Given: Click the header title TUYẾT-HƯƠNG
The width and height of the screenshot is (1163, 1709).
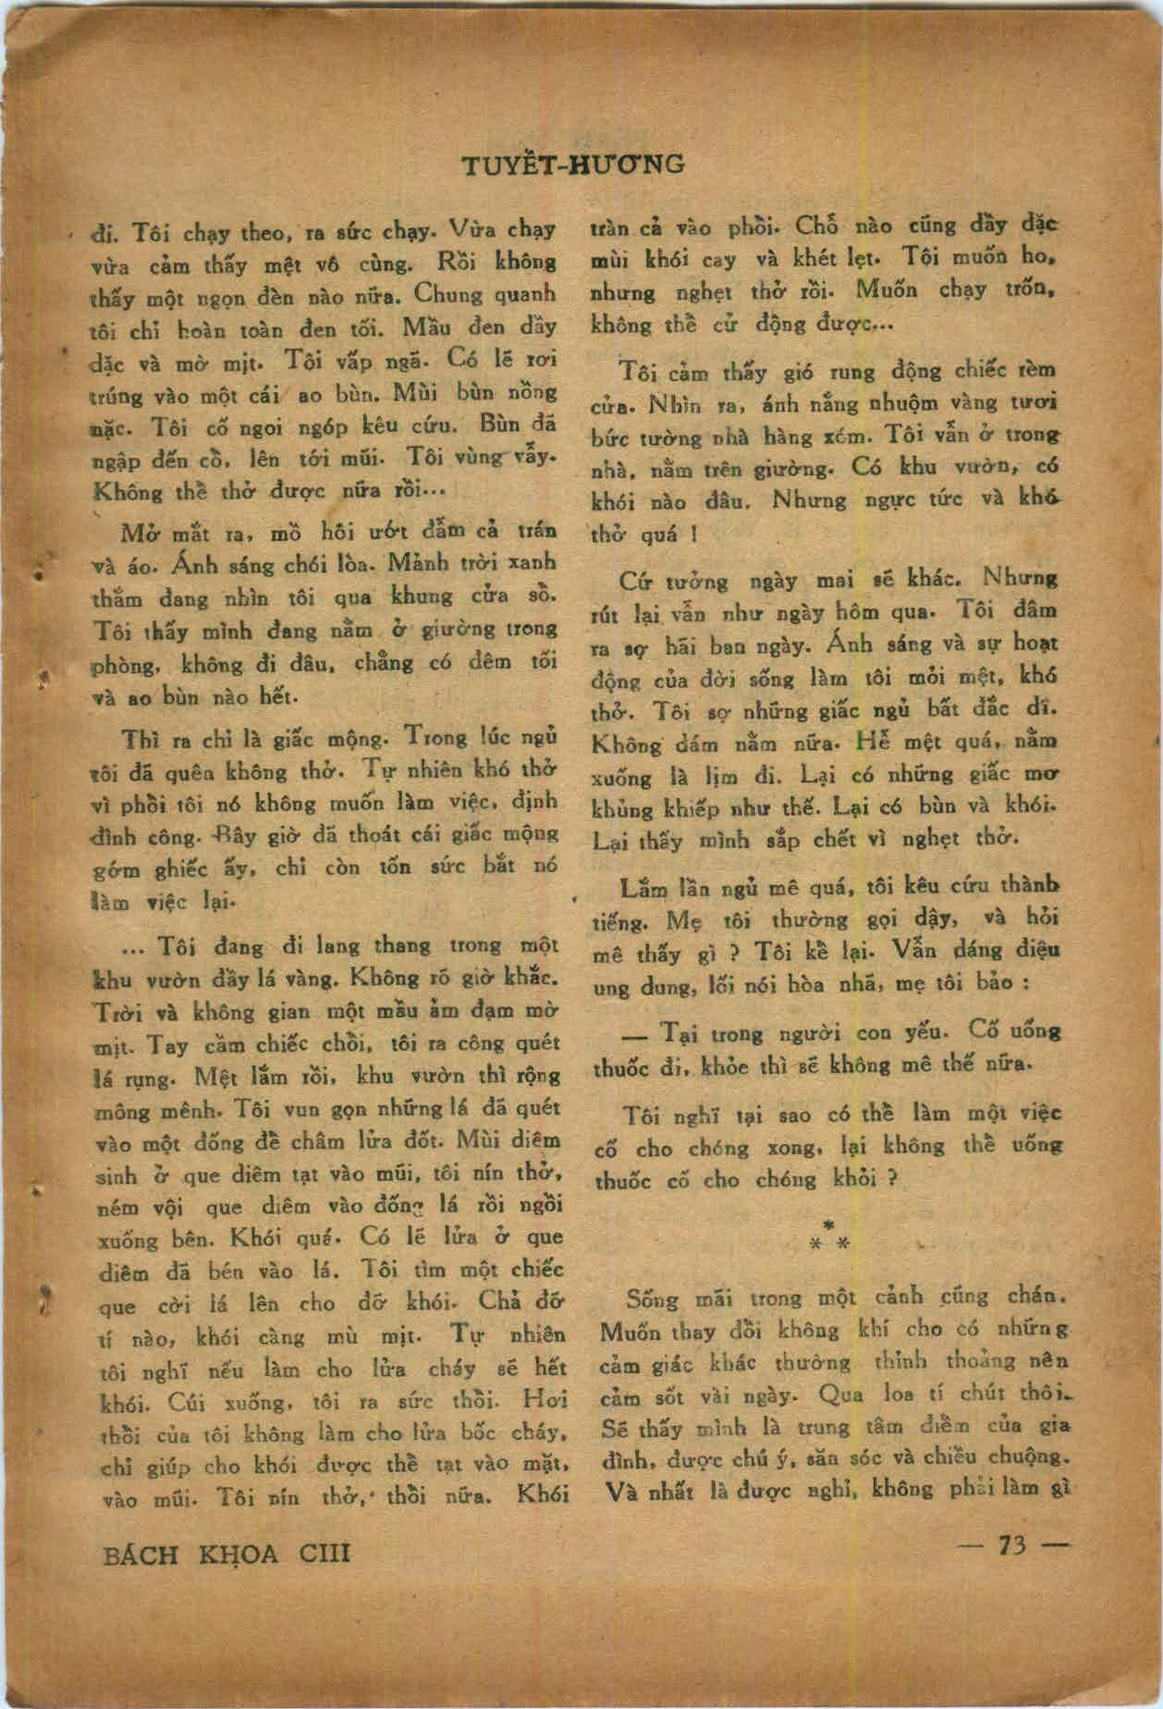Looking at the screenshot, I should tap(573, 165).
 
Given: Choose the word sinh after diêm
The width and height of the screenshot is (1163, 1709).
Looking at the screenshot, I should tap(117, 1177).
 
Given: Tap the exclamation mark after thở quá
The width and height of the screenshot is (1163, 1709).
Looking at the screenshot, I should tap(692, 535).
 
